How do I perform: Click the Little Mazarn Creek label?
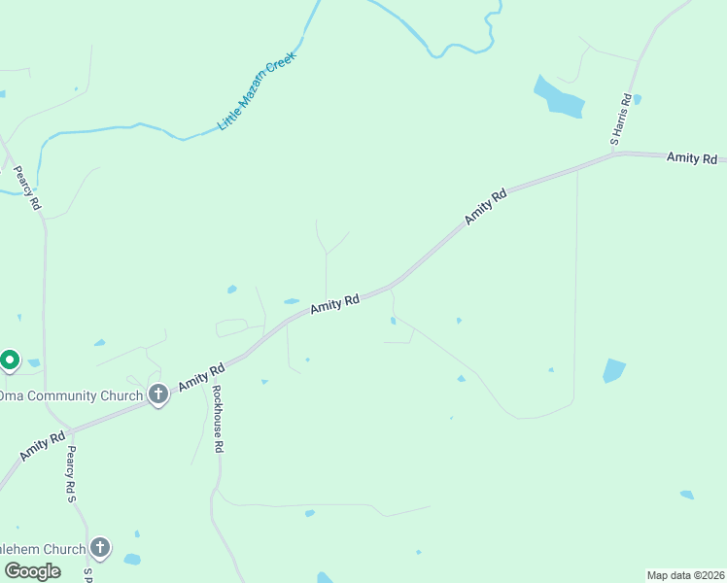tap(256, 91)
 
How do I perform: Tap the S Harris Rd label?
tap(622, 120)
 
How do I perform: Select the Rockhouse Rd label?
tap(218, 420)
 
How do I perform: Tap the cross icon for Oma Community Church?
tap(158, 394)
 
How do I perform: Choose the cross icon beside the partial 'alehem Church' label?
tap(100, 547)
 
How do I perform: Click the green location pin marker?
tap(10, 360)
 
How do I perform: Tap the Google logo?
tap(31, 571)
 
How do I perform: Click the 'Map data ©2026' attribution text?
tap(685, 575)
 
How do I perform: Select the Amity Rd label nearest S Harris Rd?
tap(691, 157)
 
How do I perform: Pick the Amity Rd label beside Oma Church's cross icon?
tap(202, 376)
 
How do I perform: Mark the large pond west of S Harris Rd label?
tap(559, 97)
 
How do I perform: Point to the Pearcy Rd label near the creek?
tap(26, 189)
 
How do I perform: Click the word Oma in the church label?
tap(11, 395)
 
